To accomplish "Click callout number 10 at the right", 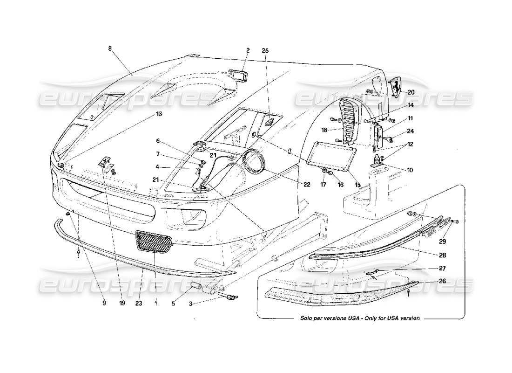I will [x=410, y=170].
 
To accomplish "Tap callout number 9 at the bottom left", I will [x=104, y=302].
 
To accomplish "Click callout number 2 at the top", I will [x=248, y=50].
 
